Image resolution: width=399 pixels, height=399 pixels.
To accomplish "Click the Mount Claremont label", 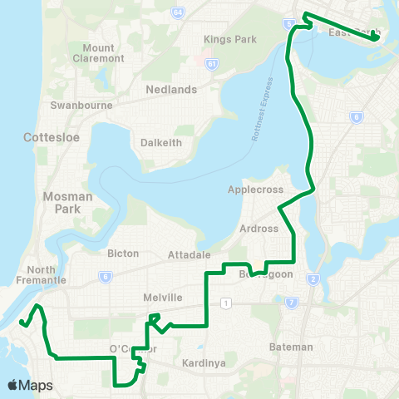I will (99, 54).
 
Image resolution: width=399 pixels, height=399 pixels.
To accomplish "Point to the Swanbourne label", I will (76, 106).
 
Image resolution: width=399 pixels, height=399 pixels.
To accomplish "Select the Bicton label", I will (124, 254).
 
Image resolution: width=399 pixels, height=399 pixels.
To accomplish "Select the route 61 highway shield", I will (213, 63).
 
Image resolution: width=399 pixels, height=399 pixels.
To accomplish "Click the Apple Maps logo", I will (30, 385).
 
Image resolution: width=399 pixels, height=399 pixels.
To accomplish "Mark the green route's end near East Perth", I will (375, 37).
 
